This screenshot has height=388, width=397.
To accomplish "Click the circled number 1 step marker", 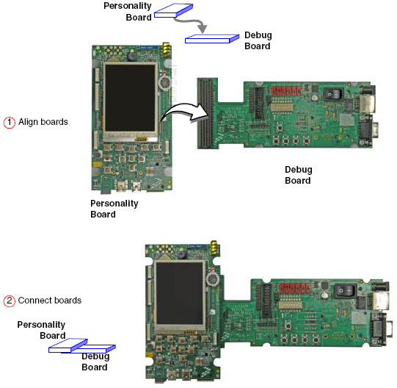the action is [x=9, y=123].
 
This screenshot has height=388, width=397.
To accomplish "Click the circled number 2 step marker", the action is [x=9, y=301].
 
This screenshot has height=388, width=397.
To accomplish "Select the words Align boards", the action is [x=43, y=122].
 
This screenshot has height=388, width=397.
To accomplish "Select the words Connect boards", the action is [x=50, y=301].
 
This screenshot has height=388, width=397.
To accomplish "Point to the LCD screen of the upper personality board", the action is [x=130, y=98].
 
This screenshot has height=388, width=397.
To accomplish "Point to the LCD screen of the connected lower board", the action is [x=180, y=293].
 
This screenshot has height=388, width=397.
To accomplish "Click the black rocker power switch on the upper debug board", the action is [x=334, y=94].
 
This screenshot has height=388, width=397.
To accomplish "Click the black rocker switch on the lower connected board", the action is [x=345, y=290].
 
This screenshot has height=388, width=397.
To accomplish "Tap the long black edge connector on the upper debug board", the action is [x=205, y=113].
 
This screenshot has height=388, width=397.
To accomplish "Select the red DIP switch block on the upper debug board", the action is [x=286, y=90].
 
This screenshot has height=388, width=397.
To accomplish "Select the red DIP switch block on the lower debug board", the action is [x=295, y=288].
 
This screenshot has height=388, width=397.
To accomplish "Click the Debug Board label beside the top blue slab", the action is [x=258, y=40].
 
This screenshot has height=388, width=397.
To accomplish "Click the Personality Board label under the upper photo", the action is [x=114, y=209].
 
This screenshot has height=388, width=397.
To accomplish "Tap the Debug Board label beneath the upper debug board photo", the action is [x=298, y=175].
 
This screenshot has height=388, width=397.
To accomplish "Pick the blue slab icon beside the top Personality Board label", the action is [x=174, y=10].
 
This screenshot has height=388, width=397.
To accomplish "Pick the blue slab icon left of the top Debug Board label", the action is [x=212, y=39].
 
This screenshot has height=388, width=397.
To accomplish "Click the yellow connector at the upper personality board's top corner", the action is [x=167, y=50].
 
